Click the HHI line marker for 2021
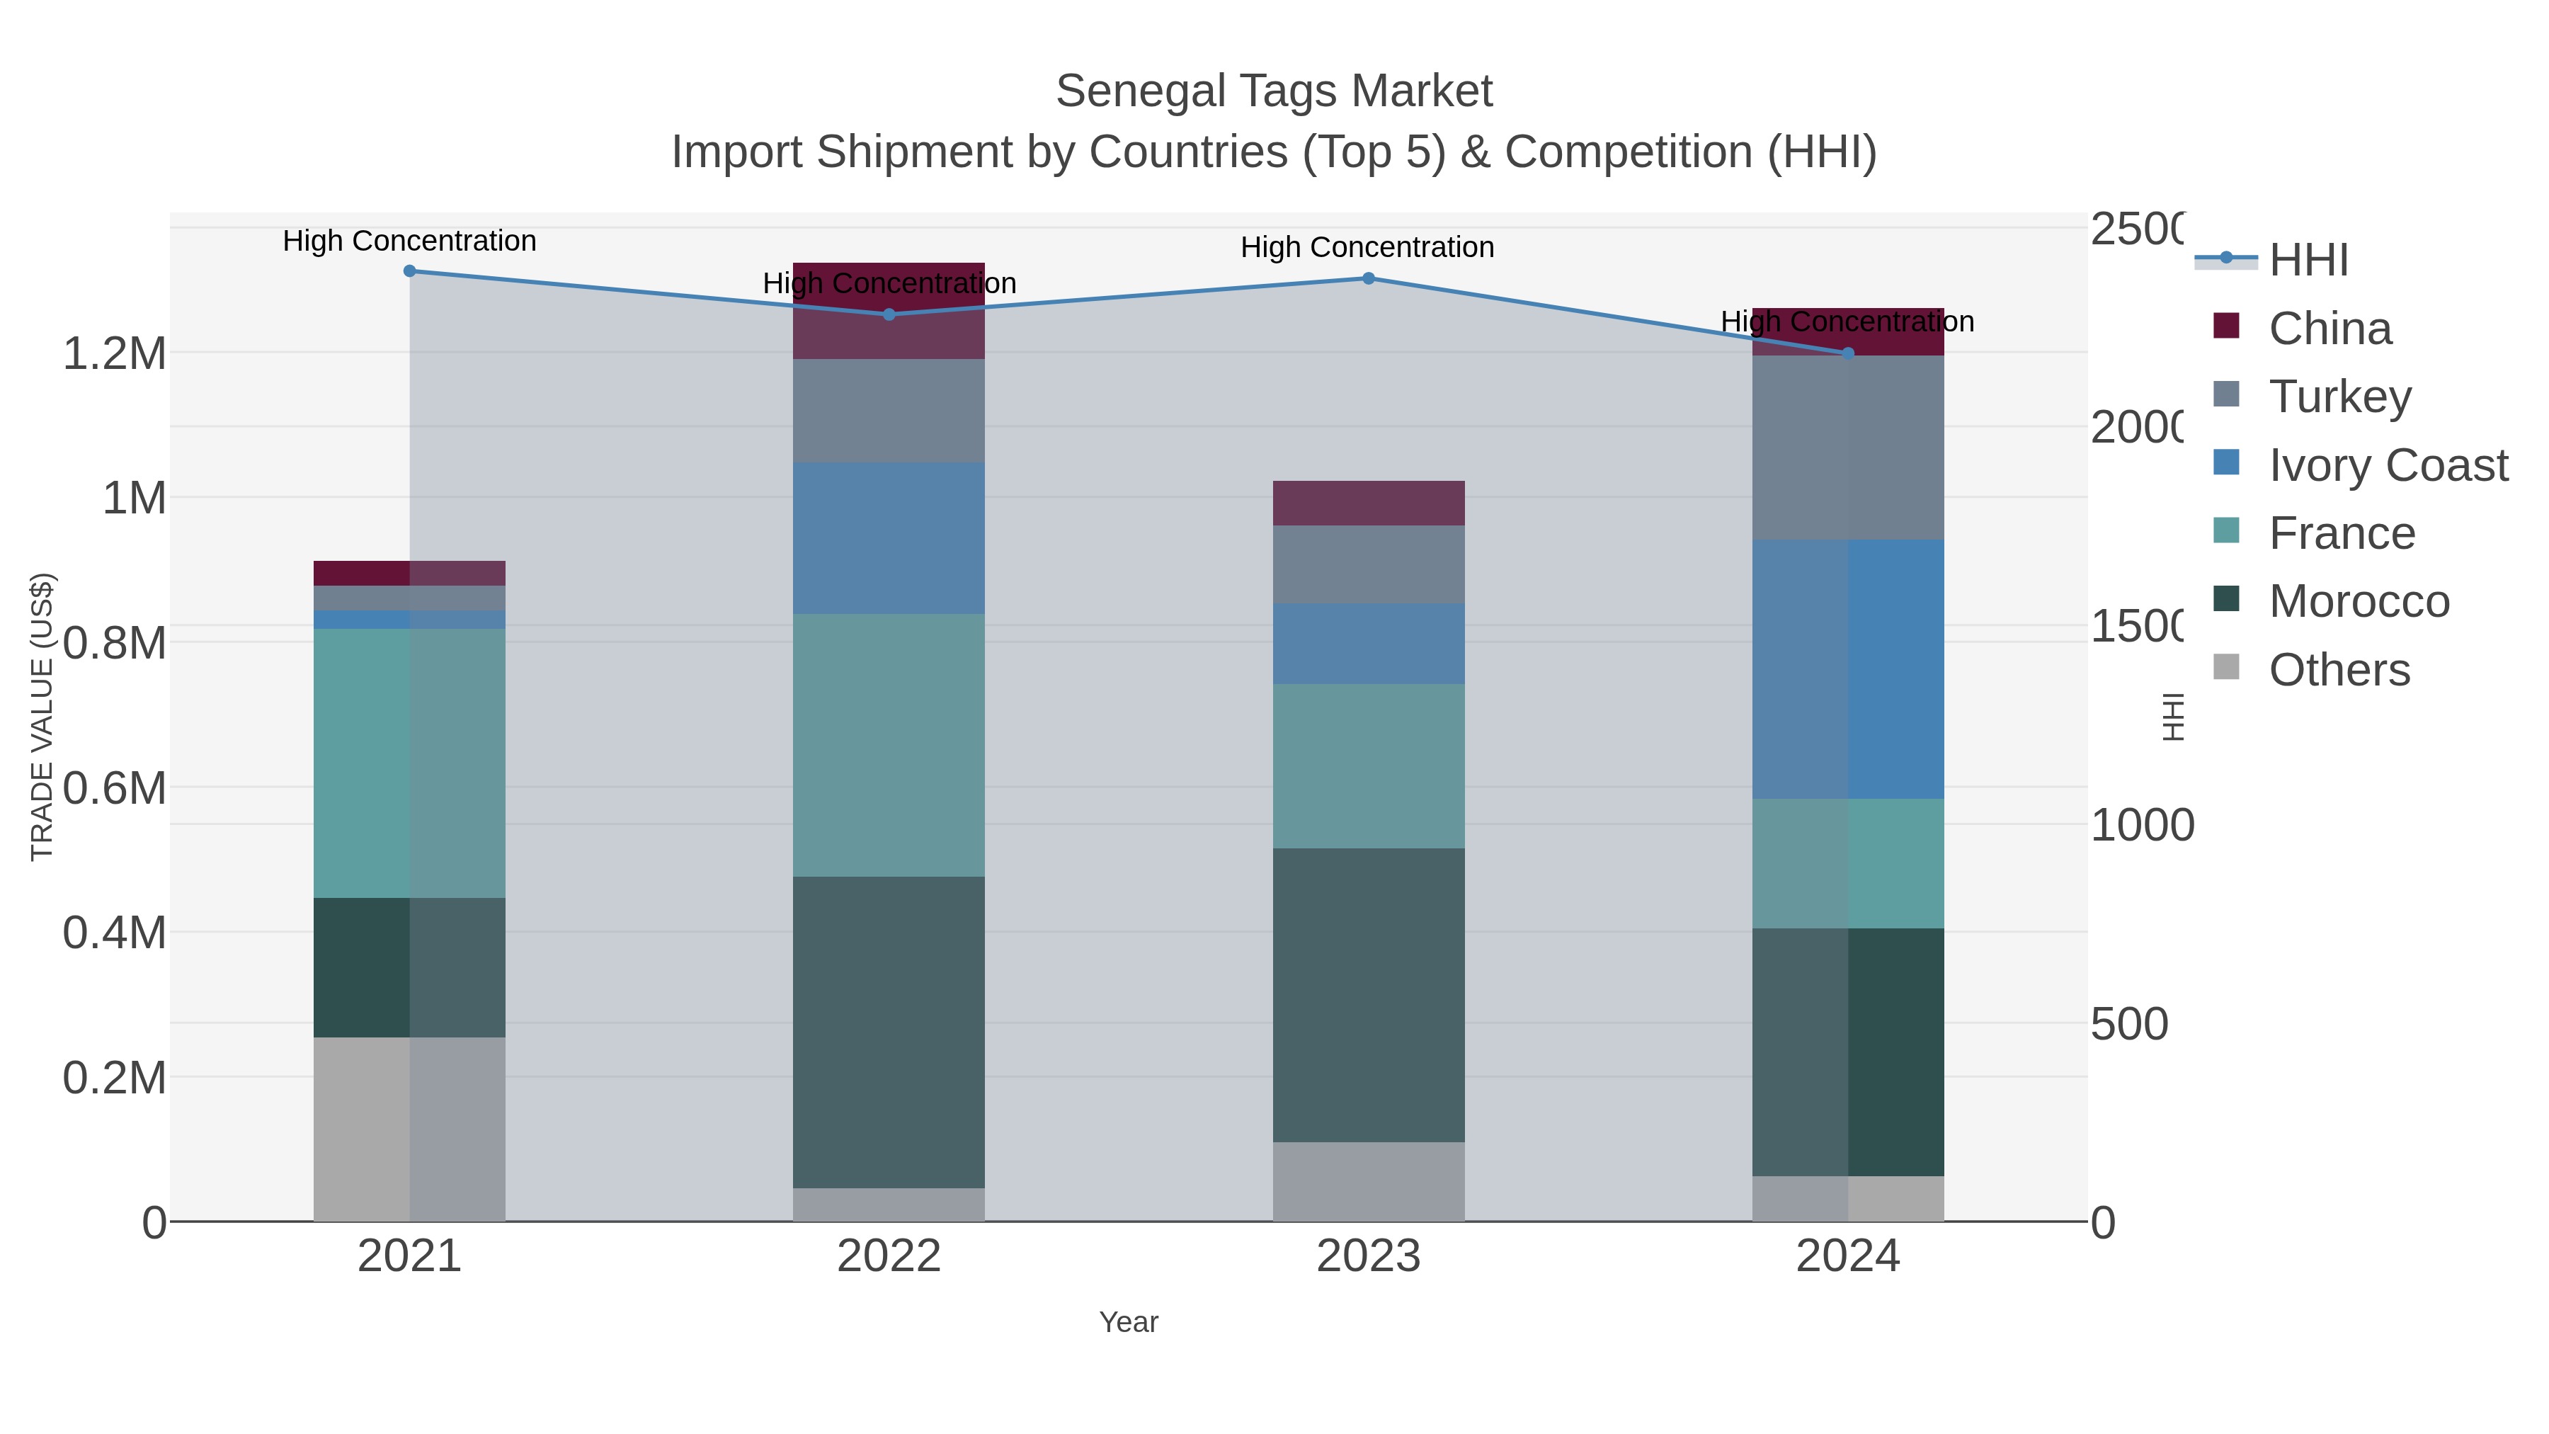point(410,271)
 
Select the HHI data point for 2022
point(889,314)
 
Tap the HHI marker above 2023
point(1369,278)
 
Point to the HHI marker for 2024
point(1847,353)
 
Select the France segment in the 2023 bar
point(1369,766)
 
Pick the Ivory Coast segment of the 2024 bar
point(1847,669)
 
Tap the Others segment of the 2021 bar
point(410,1129)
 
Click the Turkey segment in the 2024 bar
point(1847,448)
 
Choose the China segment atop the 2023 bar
point(1369,503)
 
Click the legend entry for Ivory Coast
point(2388,465)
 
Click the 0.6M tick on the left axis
point(114,789)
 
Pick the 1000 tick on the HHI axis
point(2141,826)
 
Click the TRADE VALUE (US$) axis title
point(42,717)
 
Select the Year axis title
point(1128,1322)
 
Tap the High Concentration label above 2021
point(410,241)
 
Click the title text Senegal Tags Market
point(1274,92)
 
